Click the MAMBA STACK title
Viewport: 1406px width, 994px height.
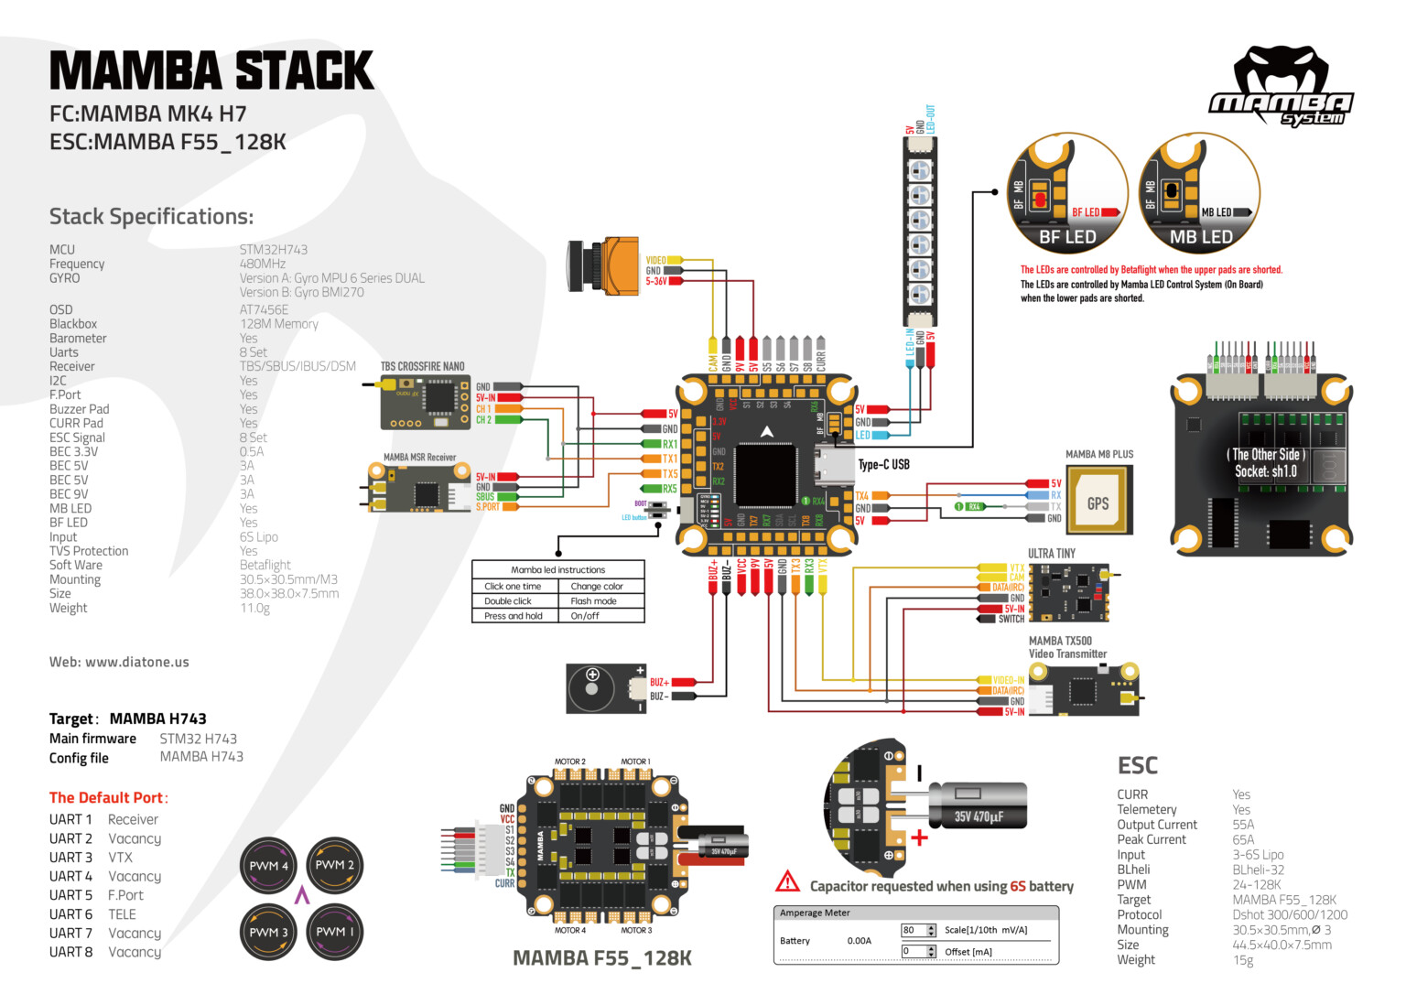click(x=211, y=70)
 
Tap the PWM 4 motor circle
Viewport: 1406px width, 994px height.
click(x=268, y=865)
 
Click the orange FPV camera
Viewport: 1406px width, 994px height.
click(x=604, y=265)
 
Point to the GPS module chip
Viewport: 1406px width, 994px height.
click(x=1098, y=502)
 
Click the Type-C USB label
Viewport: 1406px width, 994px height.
click(x=883, y=465)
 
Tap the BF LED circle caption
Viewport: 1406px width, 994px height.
click(x=1067, y=237)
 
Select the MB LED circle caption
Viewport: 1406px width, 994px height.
click(x=1201, y=237)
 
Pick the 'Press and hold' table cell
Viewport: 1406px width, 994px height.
click(x=514, y=616)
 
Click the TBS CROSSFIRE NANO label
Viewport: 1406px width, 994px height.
click(x=423, y=366)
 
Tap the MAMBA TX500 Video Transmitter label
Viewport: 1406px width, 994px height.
click(x=1067, y=647)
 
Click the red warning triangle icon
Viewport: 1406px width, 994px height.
click(x=787, y=882)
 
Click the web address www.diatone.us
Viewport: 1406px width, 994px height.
click(x=119, y=662)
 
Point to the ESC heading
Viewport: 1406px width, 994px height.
click(x=1137, y=766)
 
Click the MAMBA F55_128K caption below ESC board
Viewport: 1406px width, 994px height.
click(x=601, y=958)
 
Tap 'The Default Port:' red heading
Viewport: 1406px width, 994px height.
click(x=109, y=797)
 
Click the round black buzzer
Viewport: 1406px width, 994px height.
click(x=594, y=688)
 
